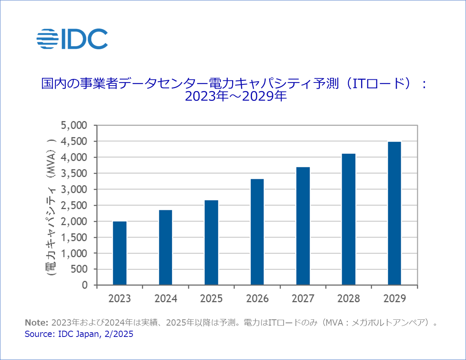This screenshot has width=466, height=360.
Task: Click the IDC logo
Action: pyautogui.click(x=72, y=39)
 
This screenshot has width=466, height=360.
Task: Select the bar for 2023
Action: pyautogui.click(x=120, y=253)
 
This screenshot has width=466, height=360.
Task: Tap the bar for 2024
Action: pyautogui.click(x=166, y=247)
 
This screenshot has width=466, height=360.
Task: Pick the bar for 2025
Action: pyautogui.click(x=211, y=243)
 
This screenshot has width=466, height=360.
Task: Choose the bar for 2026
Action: pyautogui.click(x=257, y=232)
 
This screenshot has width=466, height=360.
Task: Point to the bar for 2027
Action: pyautogui.click(x=303, y=226)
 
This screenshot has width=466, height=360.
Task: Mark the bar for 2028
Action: pyautogui.click(x=349, y=219)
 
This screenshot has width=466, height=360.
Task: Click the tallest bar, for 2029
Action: pyautogui.click(x=394, y=213)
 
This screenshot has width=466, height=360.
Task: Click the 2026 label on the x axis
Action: pyautogui.click(x=257, y=299)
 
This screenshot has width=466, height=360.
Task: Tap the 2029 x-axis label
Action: pyautogui.click(x=394, y=299)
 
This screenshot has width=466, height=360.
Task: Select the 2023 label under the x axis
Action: pyautogui.click(x=120, y=299)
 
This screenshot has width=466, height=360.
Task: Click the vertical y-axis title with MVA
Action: pyautogui.click(x=51, y=205)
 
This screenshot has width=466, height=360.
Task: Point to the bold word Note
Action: pyautogui.click(x=36, y=323)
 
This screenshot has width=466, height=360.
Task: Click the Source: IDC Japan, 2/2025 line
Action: pyautogui.click(x=79, y=335)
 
